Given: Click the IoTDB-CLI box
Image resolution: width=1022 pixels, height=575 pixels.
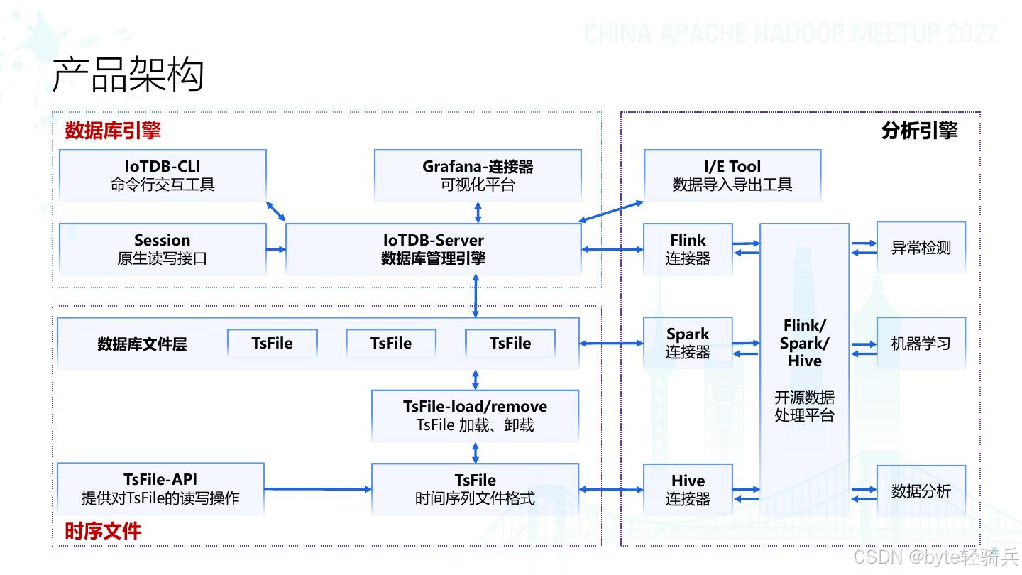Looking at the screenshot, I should pos(163,175).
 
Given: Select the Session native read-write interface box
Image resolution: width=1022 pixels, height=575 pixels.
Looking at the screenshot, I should pos(163,249).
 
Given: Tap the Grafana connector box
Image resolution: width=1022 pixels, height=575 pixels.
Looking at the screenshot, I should pos(478,175).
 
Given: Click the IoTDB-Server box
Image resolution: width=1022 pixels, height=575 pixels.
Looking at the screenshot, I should pos(434,249).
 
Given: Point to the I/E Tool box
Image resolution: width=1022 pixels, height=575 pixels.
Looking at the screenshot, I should pos(732,175).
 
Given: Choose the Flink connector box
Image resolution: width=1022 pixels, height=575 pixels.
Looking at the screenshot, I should pos(688,249).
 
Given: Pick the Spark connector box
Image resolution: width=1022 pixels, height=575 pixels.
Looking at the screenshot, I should pos(688,343).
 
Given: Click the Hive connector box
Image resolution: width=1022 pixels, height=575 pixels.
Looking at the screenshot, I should pos(688,490).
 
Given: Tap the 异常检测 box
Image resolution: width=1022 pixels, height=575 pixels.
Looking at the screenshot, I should pos(921,248).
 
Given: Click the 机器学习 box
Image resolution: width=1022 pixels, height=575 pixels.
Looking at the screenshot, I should pos(921,344).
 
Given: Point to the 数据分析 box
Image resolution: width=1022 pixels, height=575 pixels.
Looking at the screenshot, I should pos(921,491).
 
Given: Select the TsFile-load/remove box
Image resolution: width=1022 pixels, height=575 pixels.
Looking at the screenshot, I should pos(476,416).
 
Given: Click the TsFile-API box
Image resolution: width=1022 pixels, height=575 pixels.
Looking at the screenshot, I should pos(160,489).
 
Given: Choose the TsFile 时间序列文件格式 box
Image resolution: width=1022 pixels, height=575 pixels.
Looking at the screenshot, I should pos(476,489).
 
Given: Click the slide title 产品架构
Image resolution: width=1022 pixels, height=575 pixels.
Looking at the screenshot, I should pos(128,75).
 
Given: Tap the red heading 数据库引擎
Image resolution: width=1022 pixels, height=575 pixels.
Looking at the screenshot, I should pos(113,131).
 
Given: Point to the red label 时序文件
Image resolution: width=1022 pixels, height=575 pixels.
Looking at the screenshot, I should pos(103,531).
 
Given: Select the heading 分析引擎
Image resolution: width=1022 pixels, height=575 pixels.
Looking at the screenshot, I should pos(919,131).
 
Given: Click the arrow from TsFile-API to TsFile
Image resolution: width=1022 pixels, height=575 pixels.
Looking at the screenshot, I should pos(318,489).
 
